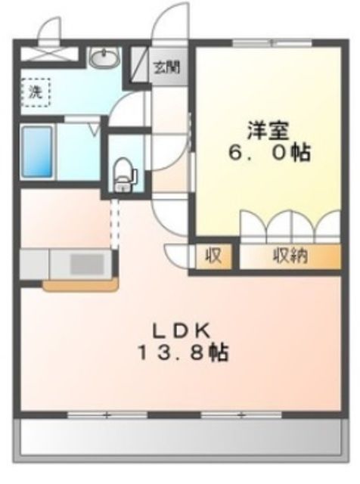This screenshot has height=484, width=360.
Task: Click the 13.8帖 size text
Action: pyautogui.click(x=182, y=352)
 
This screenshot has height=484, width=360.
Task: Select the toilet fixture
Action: pyautogui.click(x=122, y=175)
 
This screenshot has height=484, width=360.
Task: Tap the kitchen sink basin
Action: pyautogui.click(x=90, y=265)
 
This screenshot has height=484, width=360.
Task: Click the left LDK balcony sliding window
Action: pyautogui.click(x=106, y=414)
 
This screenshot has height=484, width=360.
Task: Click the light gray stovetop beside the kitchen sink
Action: pyautogui.click(x=34, y=265)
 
